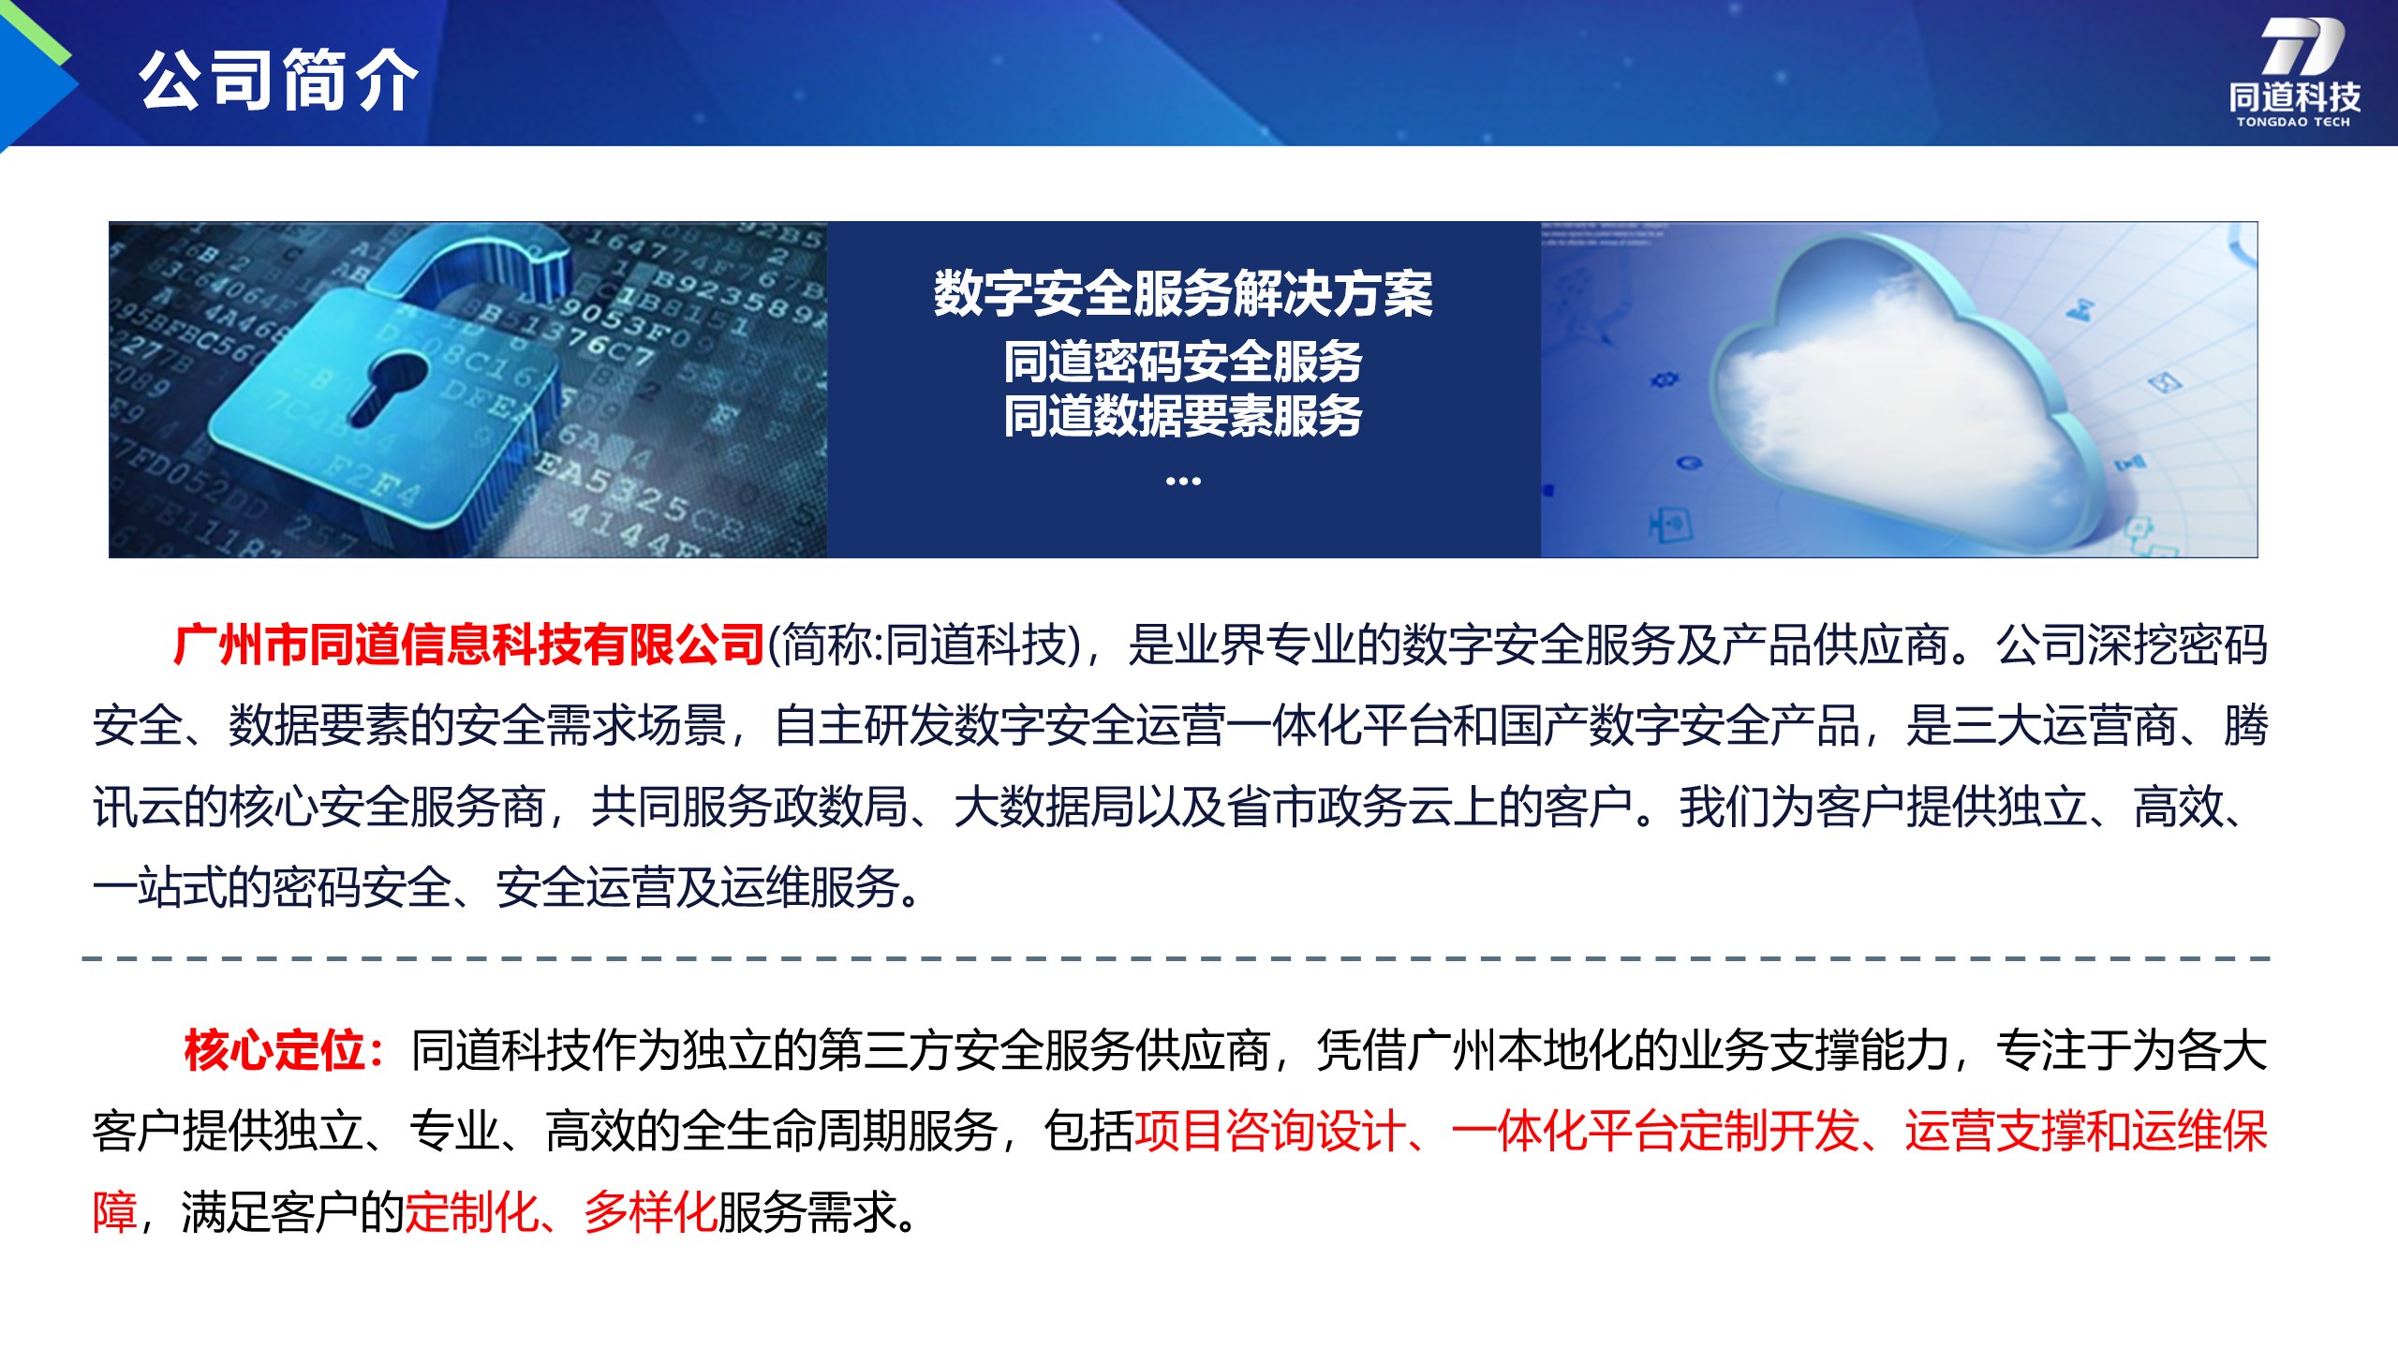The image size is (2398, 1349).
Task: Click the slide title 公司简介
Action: tap(278, 81)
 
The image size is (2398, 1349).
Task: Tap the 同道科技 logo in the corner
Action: tap(2294, 71)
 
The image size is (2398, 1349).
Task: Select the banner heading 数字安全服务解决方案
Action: tap(1183, 293)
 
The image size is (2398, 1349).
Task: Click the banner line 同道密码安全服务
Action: tap(1183, 362)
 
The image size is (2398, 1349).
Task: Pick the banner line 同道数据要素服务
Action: tap(1183, 416)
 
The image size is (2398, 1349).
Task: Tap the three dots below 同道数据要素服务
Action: tap(1183, 481)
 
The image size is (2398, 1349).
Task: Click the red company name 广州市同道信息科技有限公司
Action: tap(469, 645)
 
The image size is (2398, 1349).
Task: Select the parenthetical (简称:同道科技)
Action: tap(925, 645)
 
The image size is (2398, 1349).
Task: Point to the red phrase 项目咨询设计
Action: tap(1270, 1131)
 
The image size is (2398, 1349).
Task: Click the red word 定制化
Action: tap(472, 1212)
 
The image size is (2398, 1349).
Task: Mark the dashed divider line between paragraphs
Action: tap(1177, 959)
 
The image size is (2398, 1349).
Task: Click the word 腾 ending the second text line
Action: tap(2246, 726)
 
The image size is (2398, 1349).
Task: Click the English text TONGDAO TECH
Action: tap(2293, 122)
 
